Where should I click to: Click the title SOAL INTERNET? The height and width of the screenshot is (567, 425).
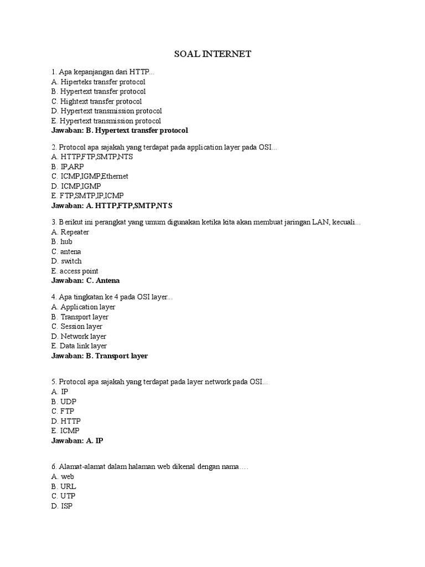click(213, 54)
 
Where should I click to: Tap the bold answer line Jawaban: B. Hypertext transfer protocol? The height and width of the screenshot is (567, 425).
click(120, 131)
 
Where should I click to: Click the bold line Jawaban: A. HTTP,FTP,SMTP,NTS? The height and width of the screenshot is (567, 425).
click(112, 205)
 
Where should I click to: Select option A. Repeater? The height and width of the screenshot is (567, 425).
click(70, 232)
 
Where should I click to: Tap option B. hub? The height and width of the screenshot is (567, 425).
click(61, 241)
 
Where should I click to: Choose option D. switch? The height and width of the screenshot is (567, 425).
click(66, 261)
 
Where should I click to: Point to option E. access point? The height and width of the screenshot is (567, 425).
click(75, 271)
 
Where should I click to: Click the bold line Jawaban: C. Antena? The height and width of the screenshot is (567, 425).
click(85, 281)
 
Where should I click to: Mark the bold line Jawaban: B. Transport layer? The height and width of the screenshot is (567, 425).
click(100, 356)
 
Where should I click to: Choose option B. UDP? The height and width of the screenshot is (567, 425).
click(64, 401)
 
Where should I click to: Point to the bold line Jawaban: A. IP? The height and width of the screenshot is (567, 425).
click(77, 441)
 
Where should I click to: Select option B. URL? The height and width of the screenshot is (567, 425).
click(64, 486)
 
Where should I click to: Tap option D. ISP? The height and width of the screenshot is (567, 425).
click(62, 506)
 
